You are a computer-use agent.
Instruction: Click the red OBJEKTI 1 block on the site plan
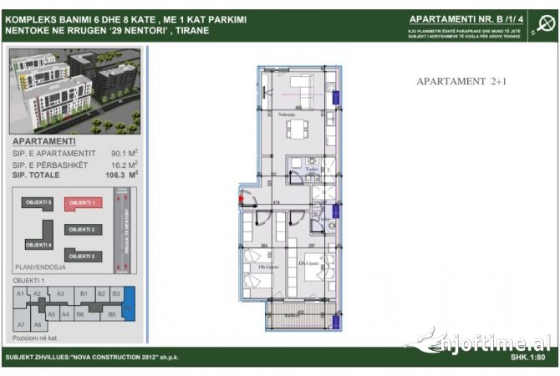83,203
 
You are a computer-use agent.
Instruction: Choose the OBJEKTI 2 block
83,230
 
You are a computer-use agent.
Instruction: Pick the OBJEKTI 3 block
83,256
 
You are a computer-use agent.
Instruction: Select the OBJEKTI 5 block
38,203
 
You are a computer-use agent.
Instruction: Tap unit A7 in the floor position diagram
21,324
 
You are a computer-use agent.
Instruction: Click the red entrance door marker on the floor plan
242,199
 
